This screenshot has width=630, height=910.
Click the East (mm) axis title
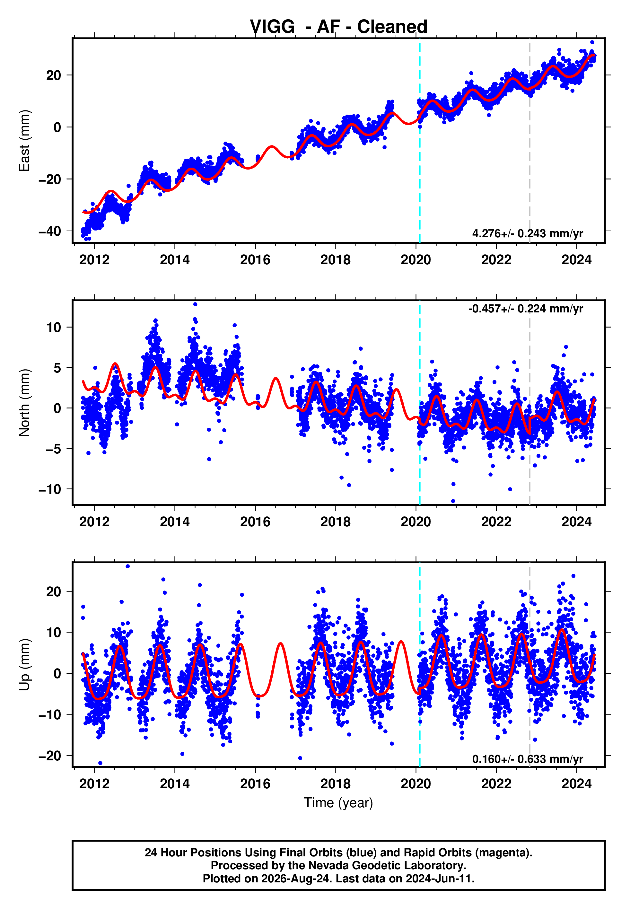coord(24,141)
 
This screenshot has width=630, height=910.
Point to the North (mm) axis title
coord(24,403)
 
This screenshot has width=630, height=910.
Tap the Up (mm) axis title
coord(24,665)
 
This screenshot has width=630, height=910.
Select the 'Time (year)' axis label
coord(338,803)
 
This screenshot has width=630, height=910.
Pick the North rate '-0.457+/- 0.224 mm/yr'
coord(525,309)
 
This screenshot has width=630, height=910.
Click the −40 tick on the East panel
coord(50,231)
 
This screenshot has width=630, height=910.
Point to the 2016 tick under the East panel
coord(255,260)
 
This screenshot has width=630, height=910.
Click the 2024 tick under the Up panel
coord(576,784)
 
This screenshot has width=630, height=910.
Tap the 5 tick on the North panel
coord(57,368)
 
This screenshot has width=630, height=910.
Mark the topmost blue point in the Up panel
coord(127,566)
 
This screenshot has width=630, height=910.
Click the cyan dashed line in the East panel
coord(420,141)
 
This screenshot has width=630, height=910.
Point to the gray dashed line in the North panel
coord(529,403)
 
